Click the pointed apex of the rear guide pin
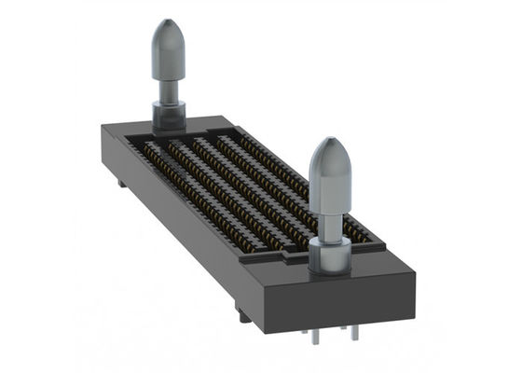pyautogui.click(x=168, y=21)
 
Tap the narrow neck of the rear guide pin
pyautogui.click(x=169, y=90)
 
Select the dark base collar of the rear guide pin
pyautogui.click(x=169, y=116)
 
